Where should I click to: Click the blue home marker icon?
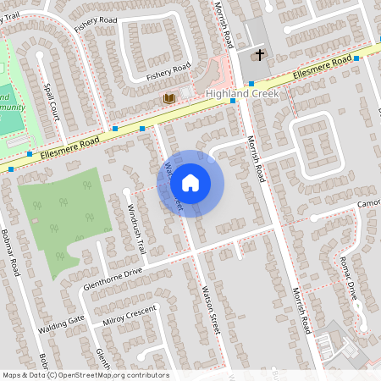pyautogui.click(x=190, y=182)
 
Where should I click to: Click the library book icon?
pyautogui.click(x=169, y=99)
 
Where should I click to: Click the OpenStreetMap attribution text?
pyautogui.click(x=86, y=375)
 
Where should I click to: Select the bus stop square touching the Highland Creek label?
pyautogui.click(x=233, y=101)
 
